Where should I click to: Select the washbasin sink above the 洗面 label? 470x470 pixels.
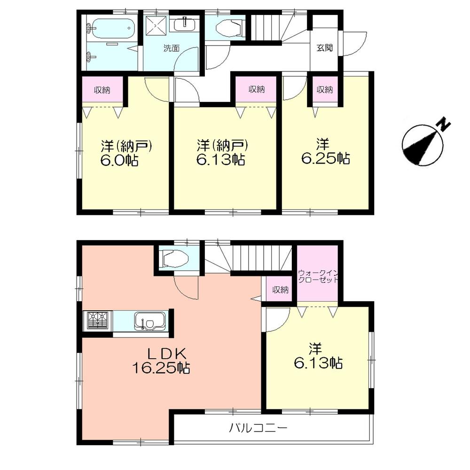click(x=185, y=24)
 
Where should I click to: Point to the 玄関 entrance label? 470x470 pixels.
click(x=324, y=47)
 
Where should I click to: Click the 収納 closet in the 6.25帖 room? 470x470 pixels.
click(x=324, y=90)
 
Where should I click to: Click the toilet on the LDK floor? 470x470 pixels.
click(x=174, y=258)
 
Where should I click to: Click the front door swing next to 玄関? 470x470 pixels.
click(x=355, y=43)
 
